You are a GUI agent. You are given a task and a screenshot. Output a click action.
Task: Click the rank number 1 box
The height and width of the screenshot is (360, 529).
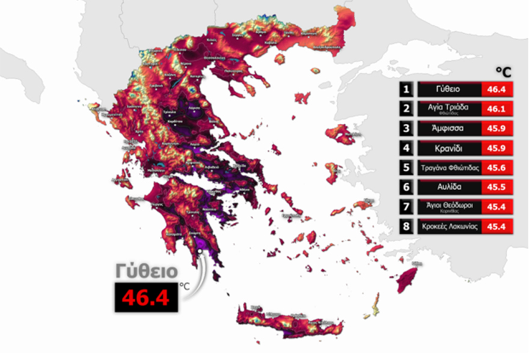408,89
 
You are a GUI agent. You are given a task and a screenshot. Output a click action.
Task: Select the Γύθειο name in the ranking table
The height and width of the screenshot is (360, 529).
448,89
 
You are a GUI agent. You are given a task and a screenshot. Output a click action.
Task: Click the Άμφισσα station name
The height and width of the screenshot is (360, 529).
448,128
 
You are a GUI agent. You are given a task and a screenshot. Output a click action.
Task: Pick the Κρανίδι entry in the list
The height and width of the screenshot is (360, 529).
448,148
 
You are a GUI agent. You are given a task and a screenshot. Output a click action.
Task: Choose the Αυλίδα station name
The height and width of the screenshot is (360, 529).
448,187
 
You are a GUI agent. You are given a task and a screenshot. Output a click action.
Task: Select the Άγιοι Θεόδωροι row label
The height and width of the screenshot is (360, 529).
448,207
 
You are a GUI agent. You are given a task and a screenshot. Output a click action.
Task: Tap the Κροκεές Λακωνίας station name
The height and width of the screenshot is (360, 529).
448,227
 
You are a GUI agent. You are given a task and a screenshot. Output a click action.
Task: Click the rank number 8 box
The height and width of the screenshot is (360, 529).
408,227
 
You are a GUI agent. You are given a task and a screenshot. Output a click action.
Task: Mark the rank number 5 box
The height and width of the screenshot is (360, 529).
408,168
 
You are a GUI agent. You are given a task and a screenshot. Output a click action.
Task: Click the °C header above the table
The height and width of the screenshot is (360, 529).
503,72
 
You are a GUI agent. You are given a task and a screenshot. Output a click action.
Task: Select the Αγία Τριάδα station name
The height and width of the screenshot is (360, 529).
448,108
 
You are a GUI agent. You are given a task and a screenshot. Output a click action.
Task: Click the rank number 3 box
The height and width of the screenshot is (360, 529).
408,128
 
